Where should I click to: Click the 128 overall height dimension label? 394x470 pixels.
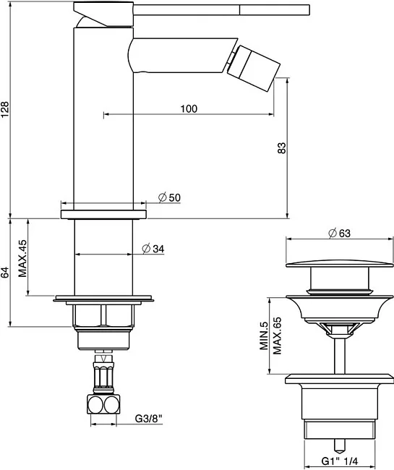coord(5,110)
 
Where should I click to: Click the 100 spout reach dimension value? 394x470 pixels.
coord(189,108)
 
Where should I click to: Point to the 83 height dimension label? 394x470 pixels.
coord(282,148)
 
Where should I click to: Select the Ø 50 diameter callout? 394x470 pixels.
coord(169,197)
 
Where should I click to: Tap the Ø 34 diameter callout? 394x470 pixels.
coord(153,249)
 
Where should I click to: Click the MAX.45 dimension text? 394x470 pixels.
coord(22,258)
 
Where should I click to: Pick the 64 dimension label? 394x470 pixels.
coord(5,272)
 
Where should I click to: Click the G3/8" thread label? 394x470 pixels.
coord(149,418)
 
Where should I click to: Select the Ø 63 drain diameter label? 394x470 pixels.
coord(339,233)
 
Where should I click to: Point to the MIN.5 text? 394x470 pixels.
coord(264,336)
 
